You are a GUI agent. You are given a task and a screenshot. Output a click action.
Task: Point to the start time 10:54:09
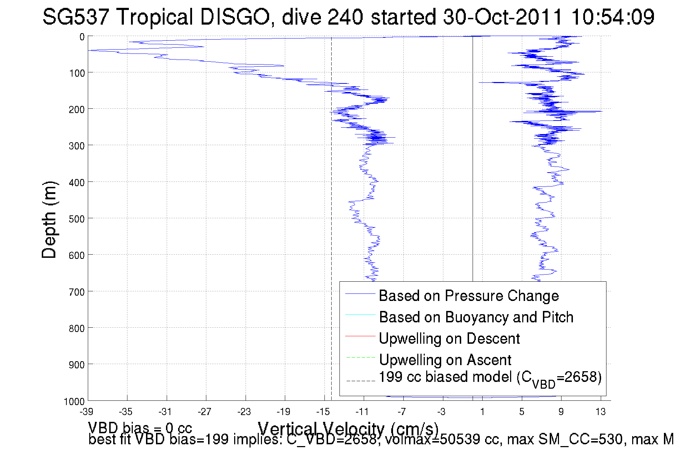pyautogui.click(x=613, y=17)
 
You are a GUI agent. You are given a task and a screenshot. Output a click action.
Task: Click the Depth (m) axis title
pyautogui.click(x=49, y=220)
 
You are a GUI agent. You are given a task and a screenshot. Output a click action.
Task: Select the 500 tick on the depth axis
pyautogui.click(x=76, y=219)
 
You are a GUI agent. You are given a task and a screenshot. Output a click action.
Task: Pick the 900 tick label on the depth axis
pyautogui.click(x=76, y=365)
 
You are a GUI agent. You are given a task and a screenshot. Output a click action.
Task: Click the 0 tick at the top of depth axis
pyautogui.click(x=82, y=37)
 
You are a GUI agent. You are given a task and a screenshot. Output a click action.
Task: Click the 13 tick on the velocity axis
pyautogui.click(x=600, y=412)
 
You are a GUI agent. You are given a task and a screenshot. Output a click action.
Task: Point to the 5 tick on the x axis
pyautogui.click(x=522, y=412)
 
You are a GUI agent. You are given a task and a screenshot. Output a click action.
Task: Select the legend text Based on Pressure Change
pyautogui.click(x=469, y=296)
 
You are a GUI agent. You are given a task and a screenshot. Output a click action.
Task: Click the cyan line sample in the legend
pyautogui.click(x=360, y=315)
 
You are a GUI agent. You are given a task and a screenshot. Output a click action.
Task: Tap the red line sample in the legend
pyautogui.click(x=360, y=336)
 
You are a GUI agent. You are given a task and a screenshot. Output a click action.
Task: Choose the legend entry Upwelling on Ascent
pyautogui.click(x=445, y=360)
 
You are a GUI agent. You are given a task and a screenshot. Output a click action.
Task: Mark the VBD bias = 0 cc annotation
pyautogui.click(x=140, y=428)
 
